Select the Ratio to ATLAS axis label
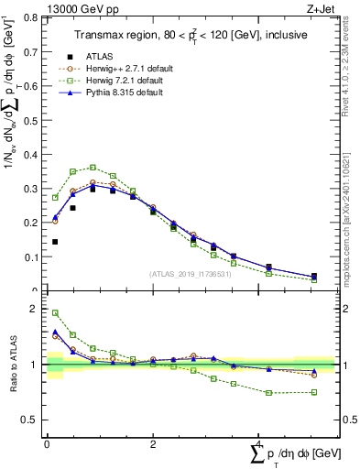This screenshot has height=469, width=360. pos(13,365)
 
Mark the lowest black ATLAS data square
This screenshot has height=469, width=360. pos(55,242)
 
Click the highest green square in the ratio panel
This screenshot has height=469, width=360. pos(55,313)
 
